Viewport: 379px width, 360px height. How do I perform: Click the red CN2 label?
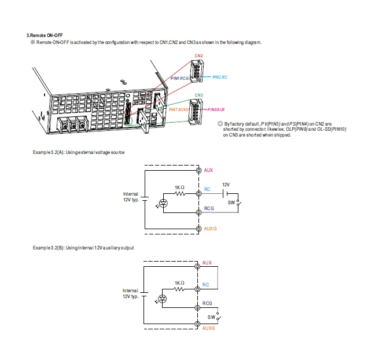[x=198, y=56]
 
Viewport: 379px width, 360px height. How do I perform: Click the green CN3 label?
[x=198, y=94]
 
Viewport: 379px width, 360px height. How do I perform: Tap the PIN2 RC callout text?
[x=220, y=76]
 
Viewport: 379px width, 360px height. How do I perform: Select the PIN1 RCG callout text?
[x=180, y=78]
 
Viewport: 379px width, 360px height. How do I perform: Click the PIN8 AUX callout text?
[x=216, y=109]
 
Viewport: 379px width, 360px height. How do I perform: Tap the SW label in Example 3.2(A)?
[x=231, y=203]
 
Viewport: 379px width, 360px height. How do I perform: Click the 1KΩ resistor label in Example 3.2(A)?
[x=179, y=187]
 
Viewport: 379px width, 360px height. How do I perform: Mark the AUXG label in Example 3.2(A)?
[x=210, y=229]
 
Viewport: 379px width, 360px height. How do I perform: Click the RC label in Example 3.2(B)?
[x=206, y=285]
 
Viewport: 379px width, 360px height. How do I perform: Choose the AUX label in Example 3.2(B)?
[x=208, y=263]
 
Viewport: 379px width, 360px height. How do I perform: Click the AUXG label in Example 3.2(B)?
[x=209, y=328]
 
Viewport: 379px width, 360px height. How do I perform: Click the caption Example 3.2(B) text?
[x=83, y=248]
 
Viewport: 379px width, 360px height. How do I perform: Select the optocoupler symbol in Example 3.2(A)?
[x=163, y=203]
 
